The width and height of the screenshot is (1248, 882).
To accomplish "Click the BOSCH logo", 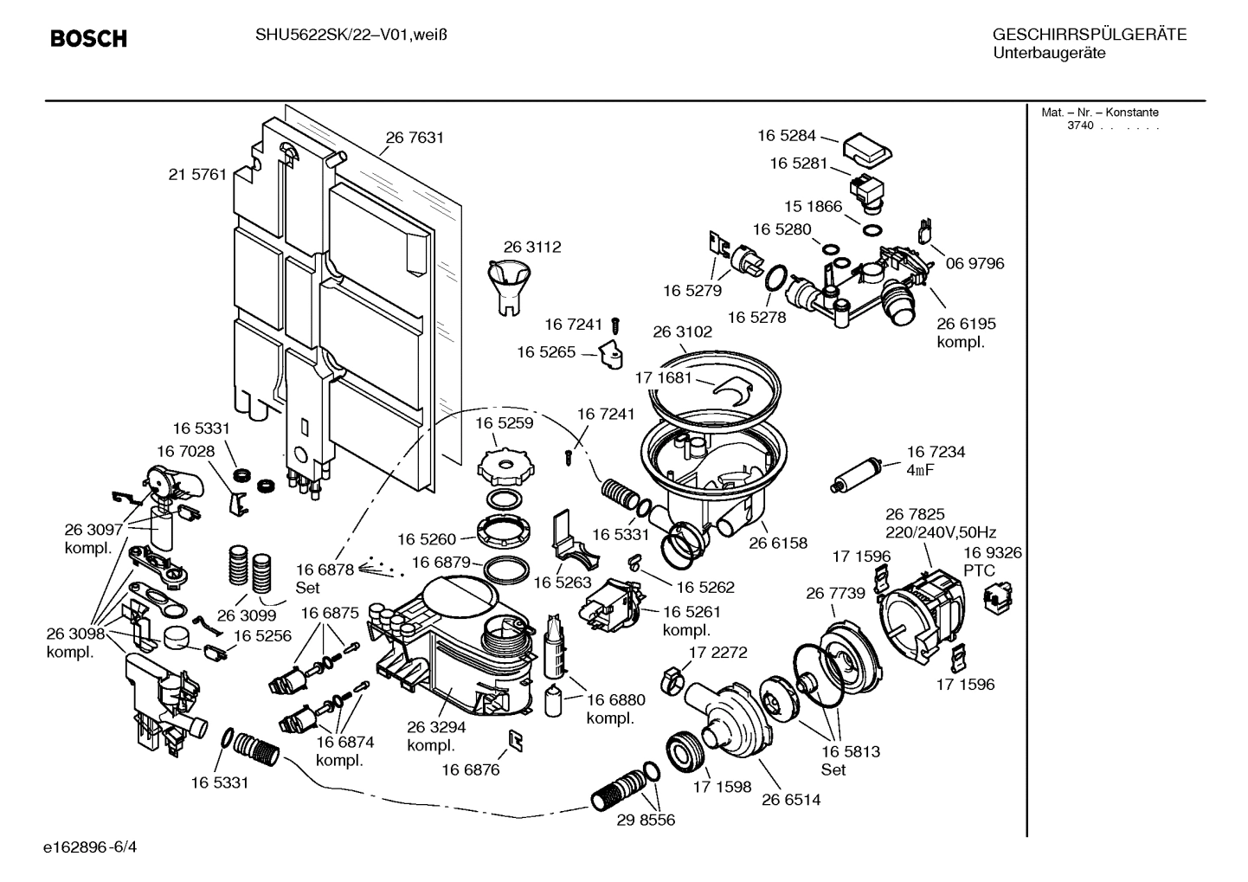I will pyautogui.click(x=88, y=39).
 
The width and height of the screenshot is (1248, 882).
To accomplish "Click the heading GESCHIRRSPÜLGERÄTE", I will pyautogui.click(x=1089, y=35).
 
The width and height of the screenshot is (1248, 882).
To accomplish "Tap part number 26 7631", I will pyautogui.click(x=415, y=138).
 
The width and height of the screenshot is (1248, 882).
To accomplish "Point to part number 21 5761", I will pyautogui.click(x=197, y=174).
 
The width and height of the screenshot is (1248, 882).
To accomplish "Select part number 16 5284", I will pyautogui.click(x=786, y=135).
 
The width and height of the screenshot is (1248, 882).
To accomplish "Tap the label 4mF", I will pyautogui.click(x=920, y=470).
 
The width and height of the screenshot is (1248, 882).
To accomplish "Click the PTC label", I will pyautogui.click(x=979, y=570).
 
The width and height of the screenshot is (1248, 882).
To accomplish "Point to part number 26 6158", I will pyautogui.click(x=777, y=543).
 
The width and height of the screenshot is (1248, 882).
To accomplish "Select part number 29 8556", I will pyautogui.click(x=646, y=820).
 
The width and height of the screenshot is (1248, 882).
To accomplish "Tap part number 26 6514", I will pyautogui.click(x=790, y=800).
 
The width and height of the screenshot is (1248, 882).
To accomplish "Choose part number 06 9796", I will pyautogui.click(x=975, y=263).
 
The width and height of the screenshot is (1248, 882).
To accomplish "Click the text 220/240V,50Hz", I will pyautogui.click(x=940, y=532).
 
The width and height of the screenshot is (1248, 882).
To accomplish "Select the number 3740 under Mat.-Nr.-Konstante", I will pyautogui.click(x=1079, y=126).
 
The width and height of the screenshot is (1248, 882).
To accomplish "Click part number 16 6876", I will pyautogui.click(x=470, y=769).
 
